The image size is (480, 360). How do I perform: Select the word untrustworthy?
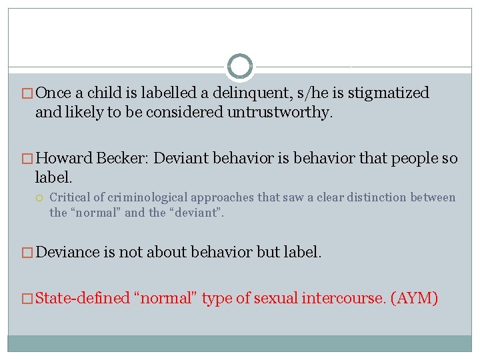pos(278,113)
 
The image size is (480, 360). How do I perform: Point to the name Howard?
pos(64,159)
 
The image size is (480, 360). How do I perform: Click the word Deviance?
pos(68,252)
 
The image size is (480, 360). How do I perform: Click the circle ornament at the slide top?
pos(240,67)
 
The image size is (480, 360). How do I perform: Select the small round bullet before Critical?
pos(41,198)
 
